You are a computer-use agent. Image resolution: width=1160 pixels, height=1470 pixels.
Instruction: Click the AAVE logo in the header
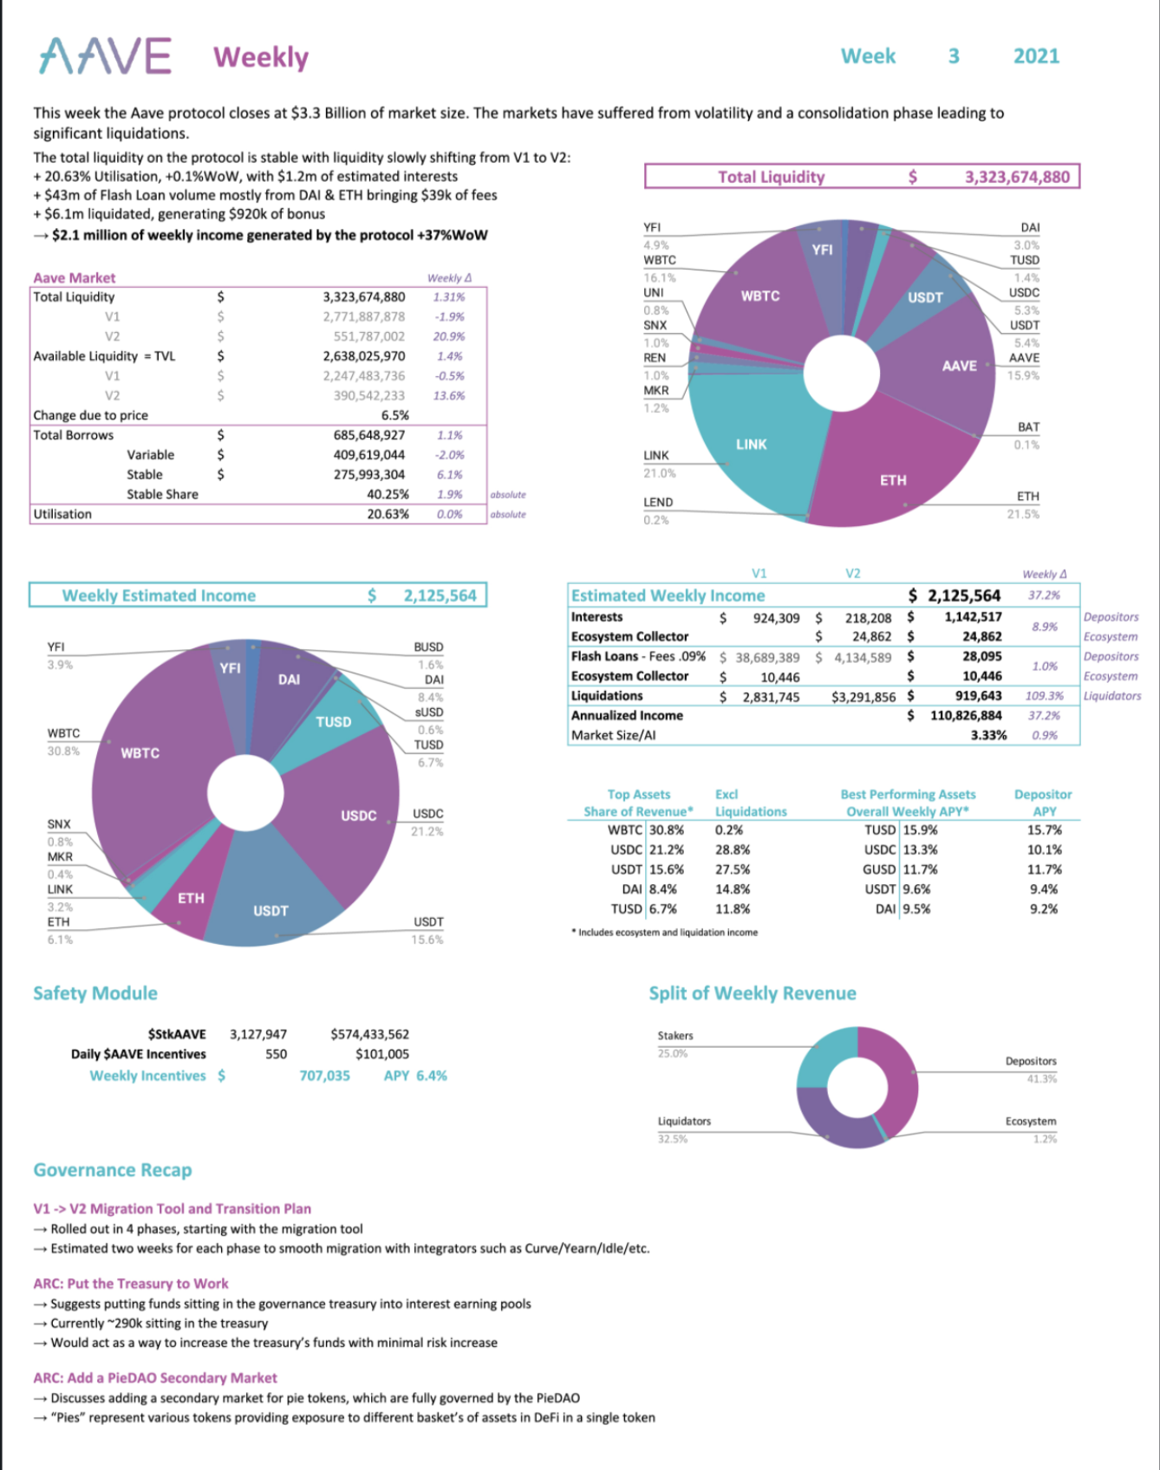point(105,56)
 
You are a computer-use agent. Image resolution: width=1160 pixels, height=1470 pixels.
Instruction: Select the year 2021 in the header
point(1036,56)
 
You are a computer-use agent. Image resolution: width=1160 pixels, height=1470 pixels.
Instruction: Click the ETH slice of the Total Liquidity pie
point(893,472)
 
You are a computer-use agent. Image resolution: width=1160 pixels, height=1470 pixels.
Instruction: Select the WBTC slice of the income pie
point(147,754)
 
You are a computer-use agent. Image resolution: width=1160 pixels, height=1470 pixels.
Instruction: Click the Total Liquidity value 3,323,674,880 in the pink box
point(1017,177)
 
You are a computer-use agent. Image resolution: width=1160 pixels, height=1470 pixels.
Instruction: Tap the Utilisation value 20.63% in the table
point(388,514)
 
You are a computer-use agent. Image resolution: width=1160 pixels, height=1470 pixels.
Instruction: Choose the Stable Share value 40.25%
point(388,494)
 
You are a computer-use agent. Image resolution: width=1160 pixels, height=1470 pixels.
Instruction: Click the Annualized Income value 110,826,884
point(965,715)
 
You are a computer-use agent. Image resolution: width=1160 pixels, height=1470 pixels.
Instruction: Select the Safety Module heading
point(95,993)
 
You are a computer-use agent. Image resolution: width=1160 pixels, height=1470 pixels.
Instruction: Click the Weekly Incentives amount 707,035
point(325,1076)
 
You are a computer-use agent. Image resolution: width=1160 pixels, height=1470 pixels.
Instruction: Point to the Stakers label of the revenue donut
point(675,1036)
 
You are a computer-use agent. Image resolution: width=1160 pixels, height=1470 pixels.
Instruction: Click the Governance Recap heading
point(113,1170)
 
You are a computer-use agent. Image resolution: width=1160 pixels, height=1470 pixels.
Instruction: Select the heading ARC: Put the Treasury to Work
point(131,1284)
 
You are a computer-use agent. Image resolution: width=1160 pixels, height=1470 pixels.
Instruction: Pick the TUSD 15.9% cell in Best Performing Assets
point(901,829)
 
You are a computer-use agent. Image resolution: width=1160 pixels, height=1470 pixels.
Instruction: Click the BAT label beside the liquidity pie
point(1028,427)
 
